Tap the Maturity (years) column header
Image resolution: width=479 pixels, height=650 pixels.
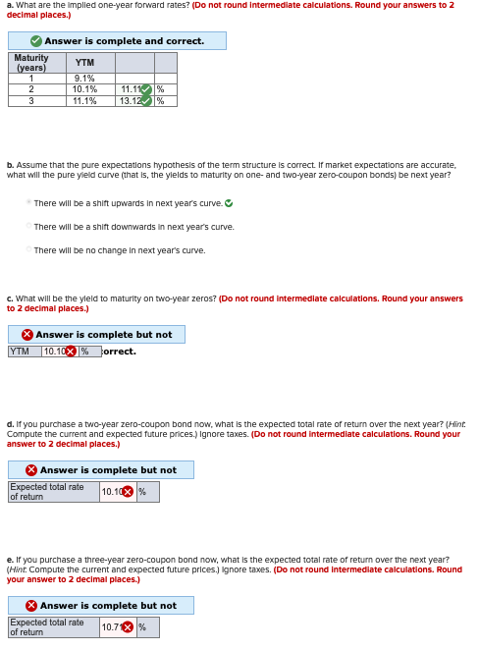30,63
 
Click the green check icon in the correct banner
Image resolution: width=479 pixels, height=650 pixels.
35,41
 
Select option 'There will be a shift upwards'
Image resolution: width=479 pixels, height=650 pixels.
28,203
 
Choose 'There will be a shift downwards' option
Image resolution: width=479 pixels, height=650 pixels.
28,227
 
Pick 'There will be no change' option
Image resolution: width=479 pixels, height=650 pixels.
28,250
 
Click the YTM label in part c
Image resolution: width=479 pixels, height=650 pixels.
20,352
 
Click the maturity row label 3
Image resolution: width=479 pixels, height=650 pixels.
30,100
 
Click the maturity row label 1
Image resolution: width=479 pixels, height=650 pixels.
30,79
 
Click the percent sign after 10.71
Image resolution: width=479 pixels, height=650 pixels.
142,627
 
